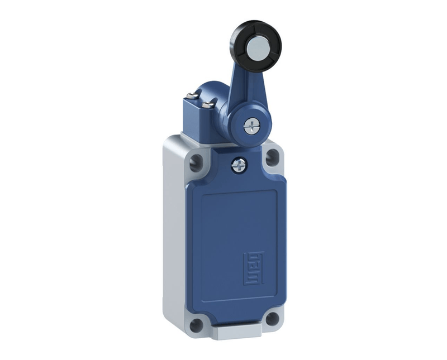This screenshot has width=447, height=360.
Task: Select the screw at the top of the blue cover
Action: (240, 165)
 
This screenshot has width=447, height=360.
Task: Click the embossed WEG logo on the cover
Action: (253, 268)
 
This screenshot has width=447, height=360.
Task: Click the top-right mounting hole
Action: (272, 157)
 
